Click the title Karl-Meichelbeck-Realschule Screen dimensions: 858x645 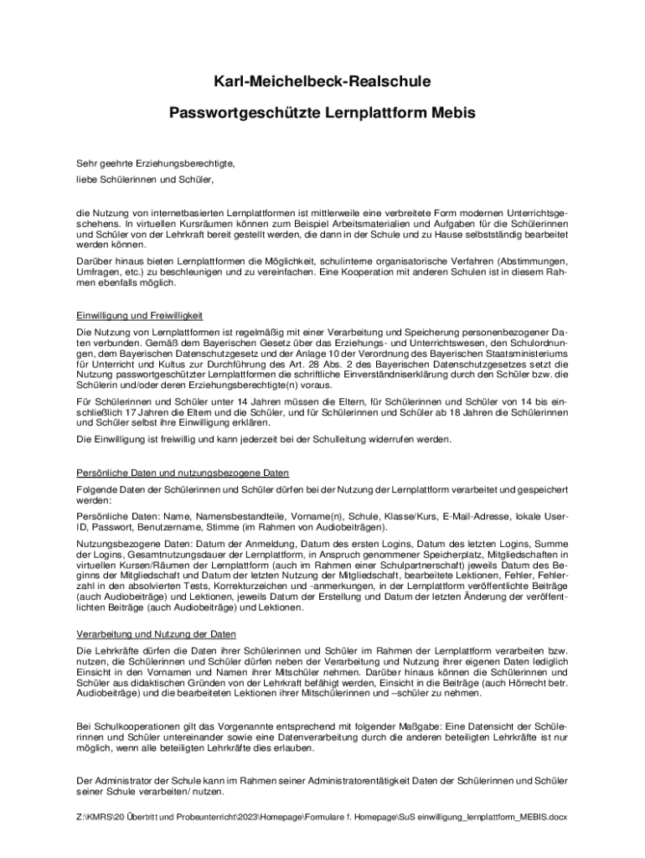coord(322,81)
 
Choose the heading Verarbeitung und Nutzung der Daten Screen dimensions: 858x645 coord(156,633)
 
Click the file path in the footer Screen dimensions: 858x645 coord(322,816)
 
